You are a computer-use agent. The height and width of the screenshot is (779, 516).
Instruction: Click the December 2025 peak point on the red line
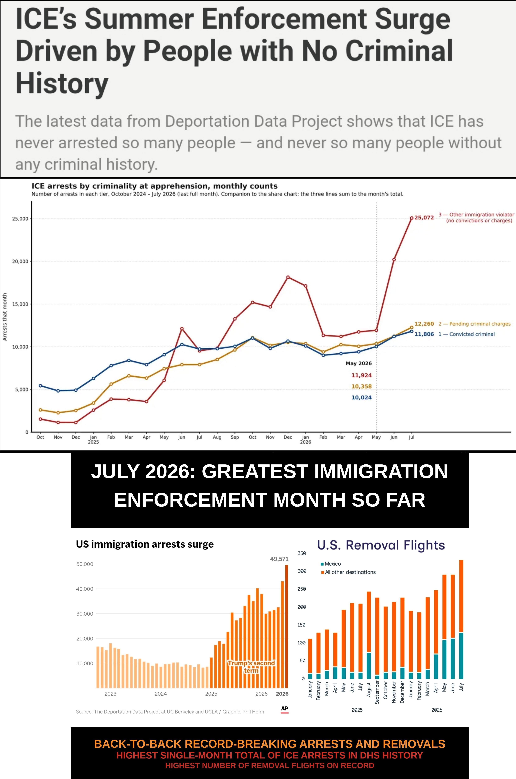pos(288,277)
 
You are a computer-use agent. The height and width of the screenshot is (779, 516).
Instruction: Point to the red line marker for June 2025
pos(182,328)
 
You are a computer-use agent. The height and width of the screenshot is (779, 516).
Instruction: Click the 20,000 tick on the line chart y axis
pos(20,261)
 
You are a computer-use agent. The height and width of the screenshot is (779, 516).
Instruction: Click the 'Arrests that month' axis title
pos(5,317)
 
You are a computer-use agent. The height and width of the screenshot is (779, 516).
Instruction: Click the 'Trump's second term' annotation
pos(251,666)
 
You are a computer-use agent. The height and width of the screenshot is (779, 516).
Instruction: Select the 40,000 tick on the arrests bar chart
pos(85,589)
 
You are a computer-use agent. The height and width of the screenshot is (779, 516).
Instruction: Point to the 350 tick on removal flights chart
pos(302,553)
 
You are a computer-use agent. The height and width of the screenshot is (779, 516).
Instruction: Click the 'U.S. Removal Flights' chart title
pos(381,545)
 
